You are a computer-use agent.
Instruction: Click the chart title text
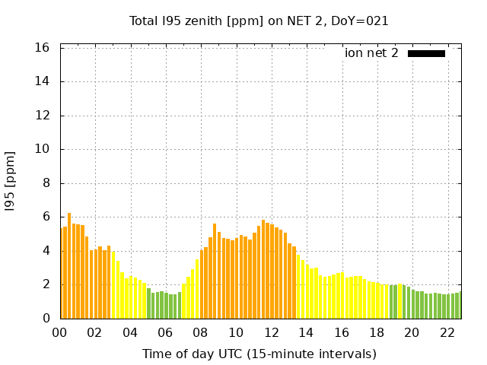coord(259,21)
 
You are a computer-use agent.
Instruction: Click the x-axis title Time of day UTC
coord(259,354)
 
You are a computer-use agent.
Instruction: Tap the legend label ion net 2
coord(371,53)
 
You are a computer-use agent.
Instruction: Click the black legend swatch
coord(426,53)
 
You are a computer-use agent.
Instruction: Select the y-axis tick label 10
coord(43,149)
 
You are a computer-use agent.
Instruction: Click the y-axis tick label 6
coord(46,217)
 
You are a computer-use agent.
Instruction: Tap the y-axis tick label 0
coord(46,319)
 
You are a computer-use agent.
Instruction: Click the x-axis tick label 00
coord(59,332)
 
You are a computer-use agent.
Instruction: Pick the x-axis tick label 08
coord(201,332)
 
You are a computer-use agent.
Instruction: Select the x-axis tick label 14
coord(307,332)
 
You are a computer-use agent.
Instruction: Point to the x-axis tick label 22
coord(447,332)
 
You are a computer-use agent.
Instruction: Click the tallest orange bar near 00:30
coord(69,266)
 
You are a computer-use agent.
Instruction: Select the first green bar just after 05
coord(149,303)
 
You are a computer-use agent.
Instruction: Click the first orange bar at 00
coord(62,274)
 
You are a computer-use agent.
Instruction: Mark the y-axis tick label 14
coord(43,81)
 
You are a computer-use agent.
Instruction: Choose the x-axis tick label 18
coord(377,332)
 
